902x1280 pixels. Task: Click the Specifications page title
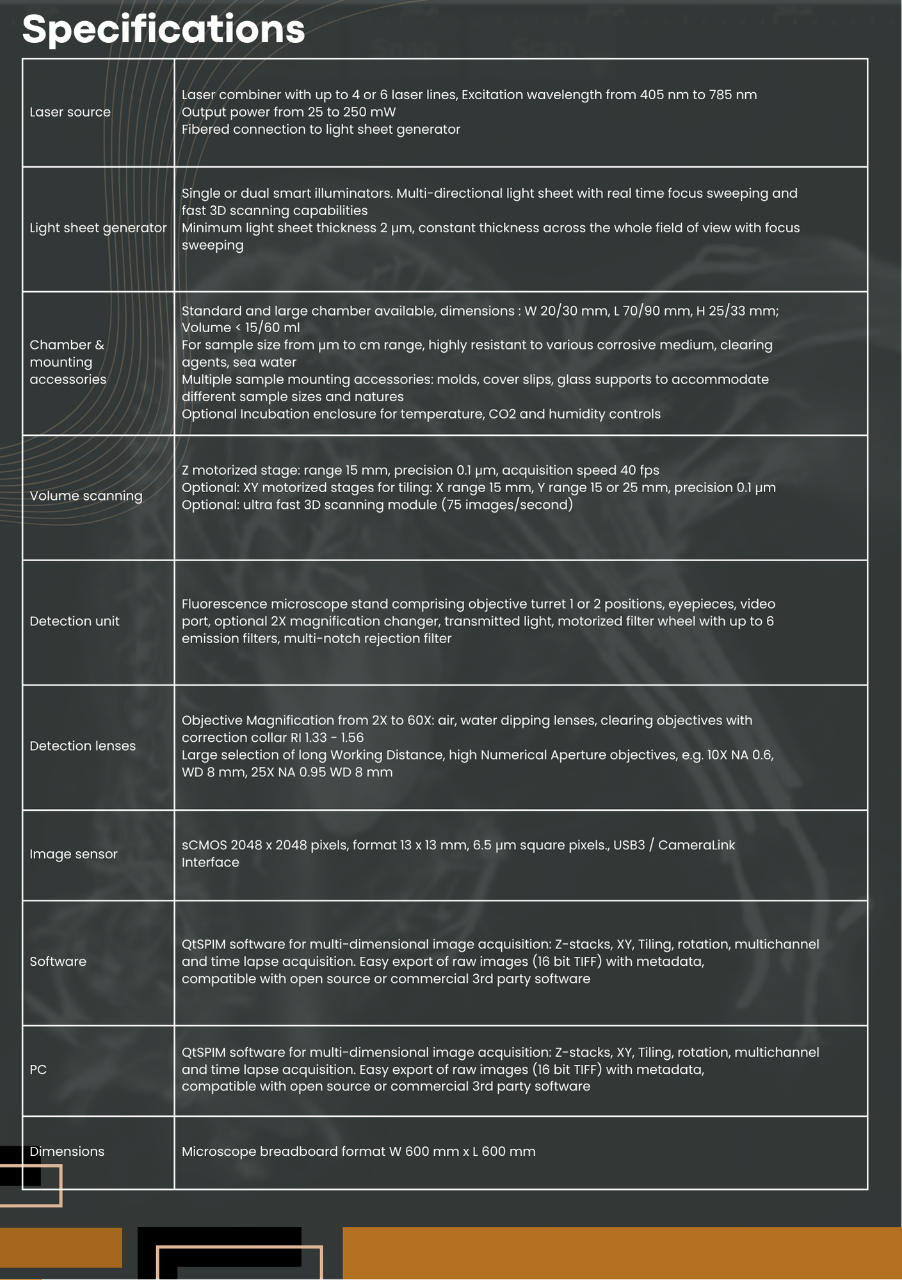click(163, 29)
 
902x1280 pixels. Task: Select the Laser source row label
click(70, 112)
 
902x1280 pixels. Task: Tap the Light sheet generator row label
click(98, 228)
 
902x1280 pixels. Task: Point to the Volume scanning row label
click(86, 496)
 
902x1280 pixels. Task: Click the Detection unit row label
click(74, 621)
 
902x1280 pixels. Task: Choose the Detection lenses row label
click(83, 746)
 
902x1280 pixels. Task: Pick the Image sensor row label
click(74, 854)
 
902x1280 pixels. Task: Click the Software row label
click(58, 962)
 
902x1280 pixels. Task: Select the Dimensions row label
click(67, 1152)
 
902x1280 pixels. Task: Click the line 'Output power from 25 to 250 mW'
click(289, 112)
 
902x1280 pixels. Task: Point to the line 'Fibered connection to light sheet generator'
click(321, 129)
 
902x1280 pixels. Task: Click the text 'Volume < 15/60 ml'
click(241, 328)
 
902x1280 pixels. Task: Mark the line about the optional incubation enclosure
click(421, 414)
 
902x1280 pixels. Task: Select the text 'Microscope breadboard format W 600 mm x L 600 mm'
click(358, 1152)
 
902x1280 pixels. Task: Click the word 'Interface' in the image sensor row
click(210, 863)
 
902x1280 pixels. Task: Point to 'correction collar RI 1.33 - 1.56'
click(273, 738)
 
